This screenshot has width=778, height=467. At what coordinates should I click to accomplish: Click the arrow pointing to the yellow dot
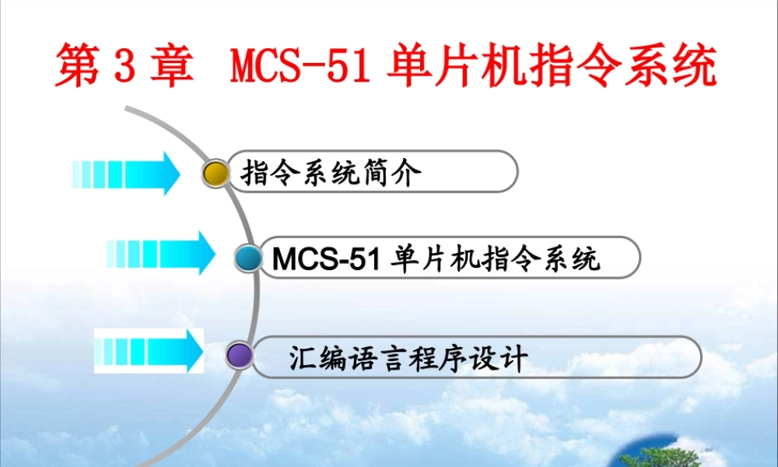[126, 173]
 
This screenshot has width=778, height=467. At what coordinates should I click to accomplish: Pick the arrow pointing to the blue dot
[161, 253]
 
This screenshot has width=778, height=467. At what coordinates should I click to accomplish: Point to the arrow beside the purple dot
[149, 350]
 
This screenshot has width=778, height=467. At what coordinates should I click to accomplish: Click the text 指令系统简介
[331, 173]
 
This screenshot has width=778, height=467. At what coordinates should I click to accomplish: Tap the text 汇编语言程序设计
[408, 359]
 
